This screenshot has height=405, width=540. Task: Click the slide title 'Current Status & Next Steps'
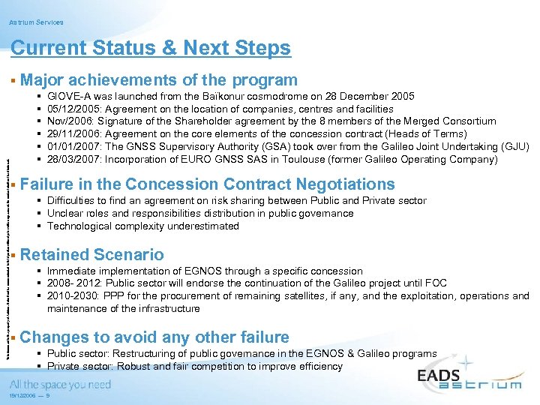pos(151,49)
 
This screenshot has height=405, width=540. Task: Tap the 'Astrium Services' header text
pos(37,22)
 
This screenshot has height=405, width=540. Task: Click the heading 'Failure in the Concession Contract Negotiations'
pos(208,184)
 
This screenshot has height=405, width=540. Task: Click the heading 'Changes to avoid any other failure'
pos(155,337)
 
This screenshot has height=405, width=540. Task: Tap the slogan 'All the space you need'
pos(60,385)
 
